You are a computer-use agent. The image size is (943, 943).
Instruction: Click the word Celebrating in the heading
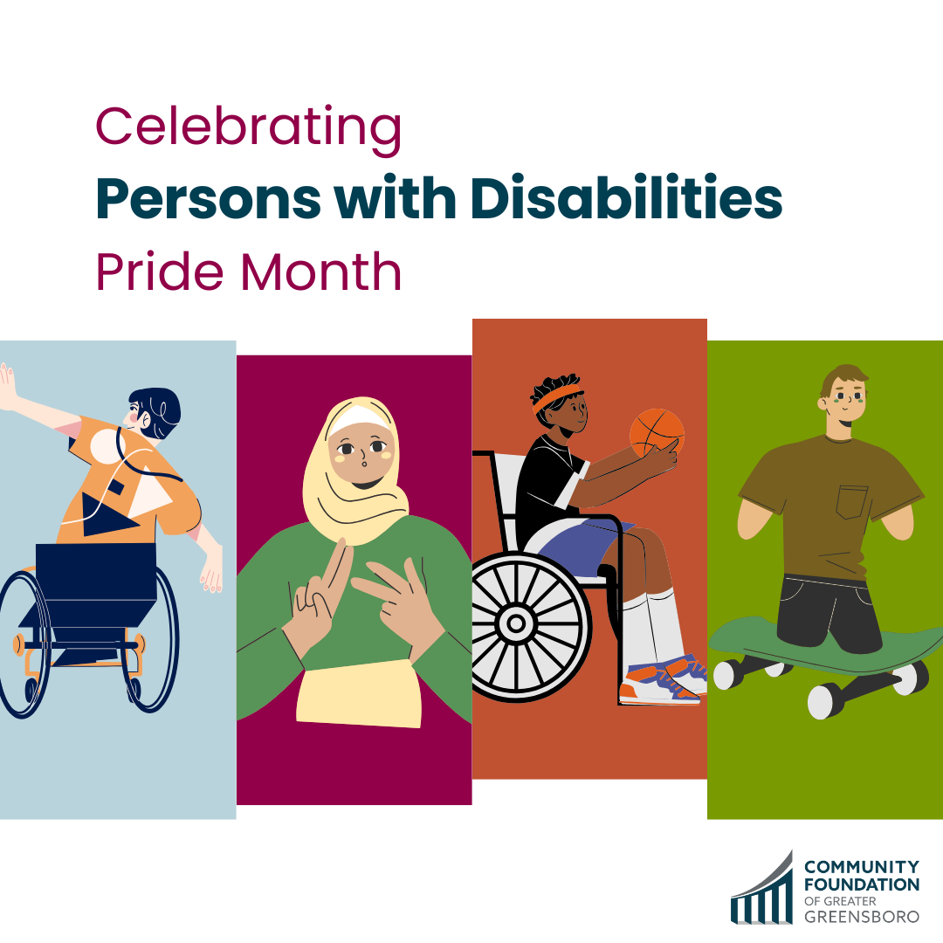pyautogui.click(x=248, y=128)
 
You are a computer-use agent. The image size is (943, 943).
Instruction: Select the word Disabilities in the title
pyautogui.click(x=626, y=198)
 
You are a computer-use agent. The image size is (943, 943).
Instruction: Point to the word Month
pyautogui.click(x=320, y=272)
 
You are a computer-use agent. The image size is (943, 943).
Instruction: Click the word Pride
pyautogui.click(x=160, y=272)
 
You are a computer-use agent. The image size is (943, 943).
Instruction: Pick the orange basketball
pyautogui.click(x=657, y=433)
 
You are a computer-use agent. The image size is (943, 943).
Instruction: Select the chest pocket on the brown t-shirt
pyautogui.click(x=851, y=502)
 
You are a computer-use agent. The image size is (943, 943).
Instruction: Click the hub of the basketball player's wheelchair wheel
pyautogui.click(x=515, y=623)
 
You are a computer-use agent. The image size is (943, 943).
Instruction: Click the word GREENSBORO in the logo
pyautogui.click(x=862, y=917)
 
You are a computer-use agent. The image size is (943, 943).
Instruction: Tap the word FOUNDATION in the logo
pyautogui.click(x=862, y=884)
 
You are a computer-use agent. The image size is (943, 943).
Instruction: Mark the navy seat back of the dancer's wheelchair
pyautogui.click(x=96, y=572)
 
